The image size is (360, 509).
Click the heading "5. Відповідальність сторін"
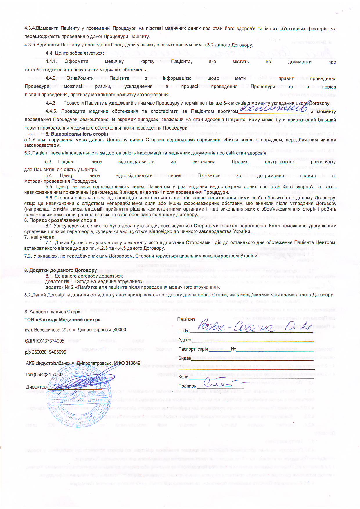point(77,134)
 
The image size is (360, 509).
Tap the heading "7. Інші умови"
point(39,237)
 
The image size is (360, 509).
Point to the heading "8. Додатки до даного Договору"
point(60,270)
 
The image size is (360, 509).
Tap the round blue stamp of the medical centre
point(78,398)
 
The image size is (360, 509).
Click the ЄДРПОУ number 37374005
point(54,341)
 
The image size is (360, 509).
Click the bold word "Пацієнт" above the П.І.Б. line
point(186,319)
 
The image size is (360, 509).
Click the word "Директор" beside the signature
point(36,387)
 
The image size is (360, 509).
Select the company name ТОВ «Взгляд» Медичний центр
point(62,320)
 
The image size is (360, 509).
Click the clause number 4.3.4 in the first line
point(30,28)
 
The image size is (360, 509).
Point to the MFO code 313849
point(133,363)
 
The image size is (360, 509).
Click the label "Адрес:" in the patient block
point(185,340)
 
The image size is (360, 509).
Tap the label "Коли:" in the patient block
point(184,377)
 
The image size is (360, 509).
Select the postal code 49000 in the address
point(120,330)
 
